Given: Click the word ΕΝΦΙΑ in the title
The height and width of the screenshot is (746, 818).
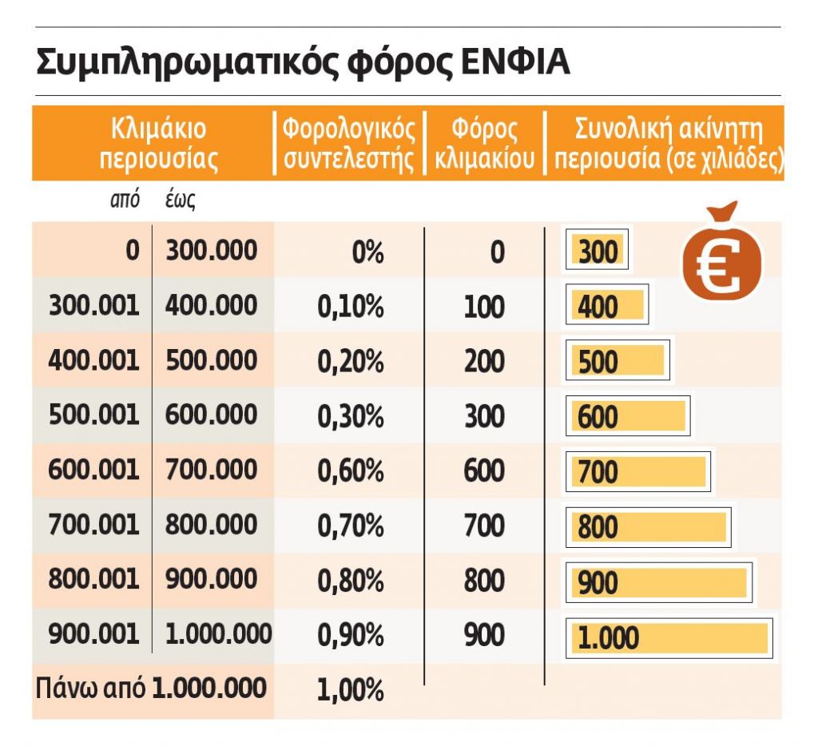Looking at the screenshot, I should tap(517, 63).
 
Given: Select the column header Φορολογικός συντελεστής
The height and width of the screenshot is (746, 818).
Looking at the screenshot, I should tap(350, 144).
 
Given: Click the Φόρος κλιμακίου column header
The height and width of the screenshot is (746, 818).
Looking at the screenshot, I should tap(485, 144).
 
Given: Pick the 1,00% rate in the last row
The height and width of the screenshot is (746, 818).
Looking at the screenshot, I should tap(351, 688).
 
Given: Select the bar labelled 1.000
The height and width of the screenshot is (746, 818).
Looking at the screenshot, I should tap(669, 638).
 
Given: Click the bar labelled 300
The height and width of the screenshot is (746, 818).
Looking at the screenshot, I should tap(597, 252).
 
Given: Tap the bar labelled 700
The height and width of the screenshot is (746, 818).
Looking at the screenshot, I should tap(637, 472).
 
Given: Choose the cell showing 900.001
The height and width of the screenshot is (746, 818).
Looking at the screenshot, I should tap(93, 634).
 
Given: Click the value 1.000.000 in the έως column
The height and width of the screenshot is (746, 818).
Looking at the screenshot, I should tap(218, 634).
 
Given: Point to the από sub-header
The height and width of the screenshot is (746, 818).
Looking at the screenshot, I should tap(125, 200).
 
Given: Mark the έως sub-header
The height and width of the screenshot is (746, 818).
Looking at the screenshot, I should tap(180, 200).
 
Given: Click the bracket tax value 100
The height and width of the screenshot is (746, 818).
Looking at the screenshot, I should tap(484, 308).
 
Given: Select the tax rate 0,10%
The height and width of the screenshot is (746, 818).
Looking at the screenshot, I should tap(351, 308).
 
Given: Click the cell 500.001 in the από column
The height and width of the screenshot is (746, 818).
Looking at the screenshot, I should tap(93, 415).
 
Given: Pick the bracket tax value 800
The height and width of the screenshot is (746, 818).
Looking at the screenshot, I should tap(484, 581).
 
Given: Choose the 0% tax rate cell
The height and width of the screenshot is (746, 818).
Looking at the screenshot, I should tap(367, 253).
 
